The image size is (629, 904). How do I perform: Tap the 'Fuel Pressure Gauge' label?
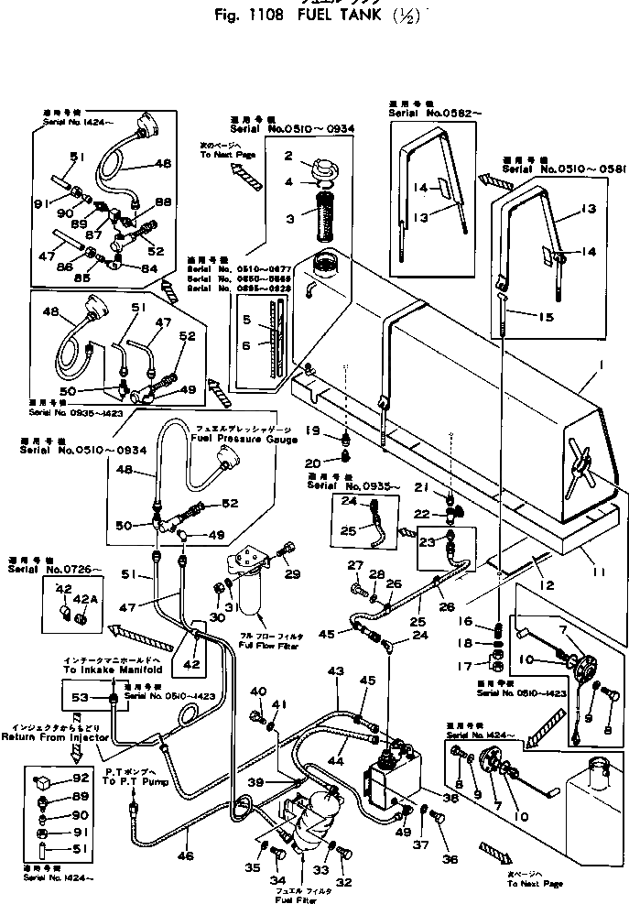[245, 440]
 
